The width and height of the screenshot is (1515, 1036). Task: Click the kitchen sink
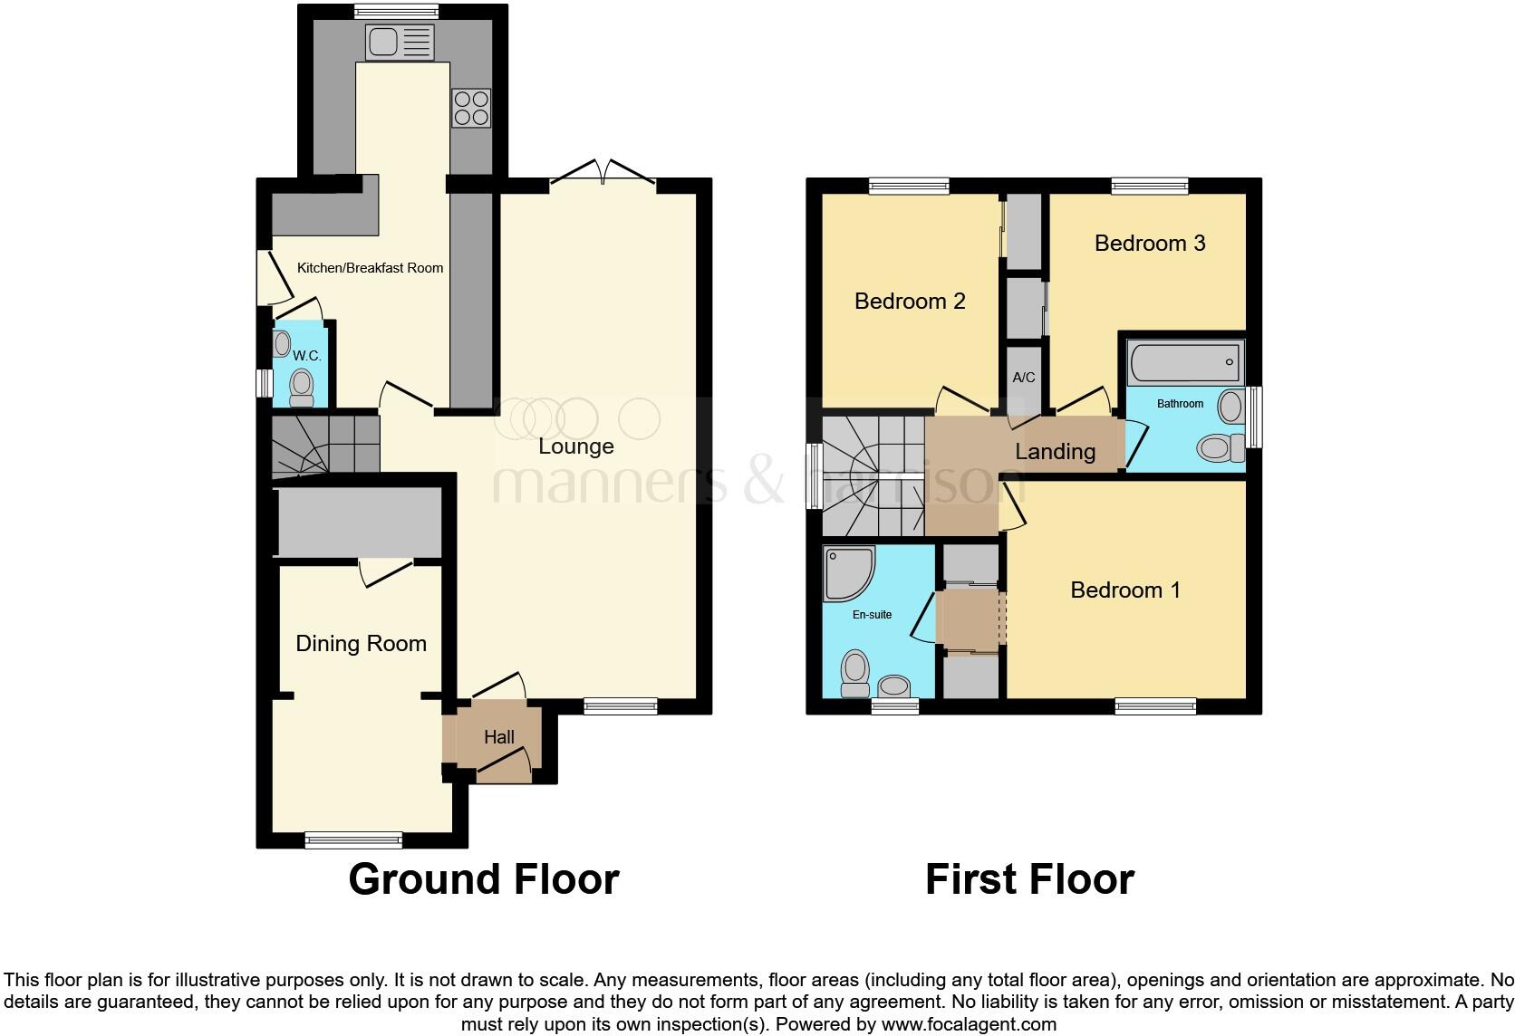click(400, 43)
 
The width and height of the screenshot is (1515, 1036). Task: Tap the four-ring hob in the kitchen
click(470, 107)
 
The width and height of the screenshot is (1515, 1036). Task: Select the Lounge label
click(575, 446)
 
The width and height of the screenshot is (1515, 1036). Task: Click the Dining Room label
click(361, 644)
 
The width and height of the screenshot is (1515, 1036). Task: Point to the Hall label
click(498, 737)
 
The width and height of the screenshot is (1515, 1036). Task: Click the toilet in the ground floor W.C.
click(301, 388)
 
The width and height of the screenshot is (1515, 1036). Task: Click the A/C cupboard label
click(1023, 378)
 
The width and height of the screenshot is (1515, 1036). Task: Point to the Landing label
click(1055, 451)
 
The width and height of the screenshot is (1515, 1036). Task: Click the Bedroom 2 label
click(910, 301)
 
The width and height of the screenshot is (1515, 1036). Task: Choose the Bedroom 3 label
click(1150, 243)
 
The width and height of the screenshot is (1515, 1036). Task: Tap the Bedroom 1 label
click(1125, 590)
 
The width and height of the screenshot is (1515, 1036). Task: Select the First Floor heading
click(1029, 879)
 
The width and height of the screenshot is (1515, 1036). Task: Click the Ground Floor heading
click(483, 879)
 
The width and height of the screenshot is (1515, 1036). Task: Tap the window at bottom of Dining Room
click(353, 839)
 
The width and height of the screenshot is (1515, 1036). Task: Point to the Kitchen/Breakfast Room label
click(371, 268)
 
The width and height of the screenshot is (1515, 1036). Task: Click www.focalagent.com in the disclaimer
click(969, 1024)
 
